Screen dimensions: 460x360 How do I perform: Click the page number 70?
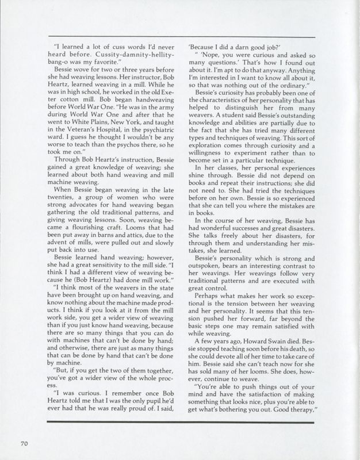(x=24, y=443)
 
